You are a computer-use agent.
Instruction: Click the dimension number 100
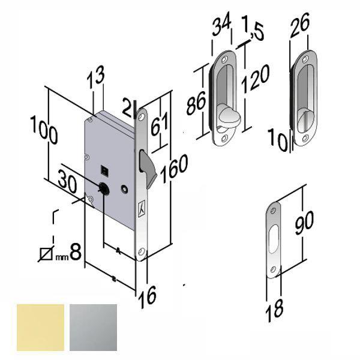pos(44,131)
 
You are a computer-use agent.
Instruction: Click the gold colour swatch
pos(41,327)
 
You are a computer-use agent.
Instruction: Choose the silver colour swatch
pos(94,327)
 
